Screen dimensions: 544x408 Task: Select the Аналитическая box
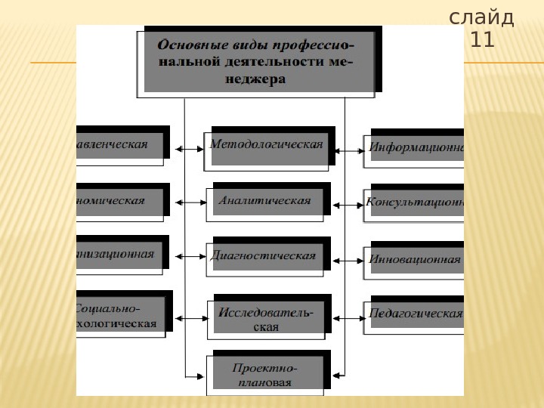[x=265, y=201]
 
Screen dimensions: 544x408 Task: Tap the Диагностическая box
[x=264, y=256]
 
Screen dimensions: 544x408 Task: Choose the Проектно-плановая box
[x=266, y=374]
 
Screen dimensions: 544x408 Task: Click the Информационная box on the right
[x=416, y=147]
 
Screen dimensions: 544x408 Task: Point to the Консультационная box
[x=416, y=202]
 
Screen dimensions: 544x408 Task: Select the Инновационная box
[x=416, y=259]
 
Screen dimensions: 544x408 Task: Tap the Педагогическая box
[x=416, y=314]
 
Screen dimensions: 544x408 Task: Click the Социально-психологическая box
[x=119, y=316]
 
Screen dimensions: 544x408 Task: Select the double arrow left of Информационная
[x=349, y=150]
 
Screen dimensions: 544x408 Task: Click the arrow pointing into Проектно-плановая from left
[x=195, y=376]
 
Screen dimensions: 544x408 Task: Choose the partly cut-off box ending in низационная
[x=119, y=255]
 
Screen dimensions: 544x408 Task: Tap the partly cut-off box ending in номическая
[x=119, y=201]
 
